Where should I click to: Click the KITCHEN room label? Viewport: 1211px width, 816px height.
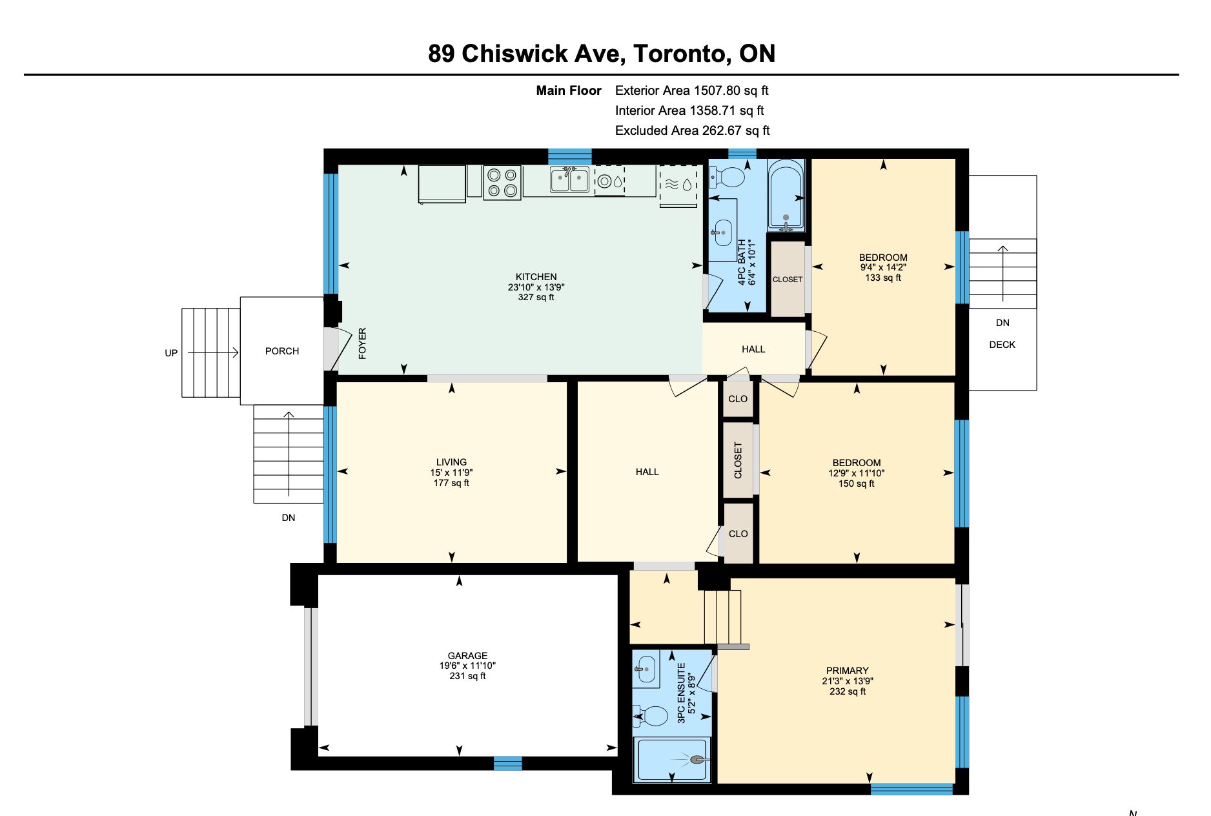[536, 277]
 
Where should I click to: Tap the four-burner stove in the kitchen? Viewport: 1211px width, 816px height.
[502, 183]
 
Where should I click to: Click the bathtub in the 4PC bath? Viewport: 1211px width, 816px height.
[786, 195]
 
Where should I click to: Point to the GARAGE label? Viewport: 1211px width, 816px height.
[467, 655]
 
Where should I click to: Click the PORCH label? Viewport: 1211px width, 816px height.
[282, 351]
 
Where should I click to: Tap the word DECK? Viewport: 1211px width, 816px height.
[1002, 345]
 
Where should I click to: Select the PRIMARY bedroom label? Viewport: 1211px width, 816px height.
[847, 671]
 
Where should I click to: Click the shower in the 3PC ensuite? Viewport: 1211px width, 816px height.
[672, 760]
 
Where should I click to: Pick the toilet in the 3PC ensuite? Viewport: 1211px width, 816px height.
[651, 716]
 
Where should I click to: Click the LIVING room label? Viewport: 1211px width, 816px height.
[451, 462]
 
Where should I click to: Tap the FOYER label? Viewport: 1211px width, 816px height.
[362, 343]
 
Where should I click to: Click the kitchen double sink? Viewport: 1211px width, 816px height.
[569, 180]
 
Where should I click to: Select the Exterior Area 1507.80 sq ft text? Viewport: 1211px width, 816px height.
[691, 90]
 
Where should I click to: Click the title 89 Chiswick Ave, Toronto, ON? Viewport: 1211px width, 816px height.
[602, 54]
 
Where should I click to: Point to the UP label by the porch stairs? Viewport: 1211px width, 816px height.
[171, 353]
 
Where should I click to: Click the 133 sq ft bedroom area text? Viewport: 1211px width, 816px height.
[883, 278]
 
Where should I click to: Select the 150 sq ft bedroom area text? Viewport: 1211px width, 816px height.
[856, 484]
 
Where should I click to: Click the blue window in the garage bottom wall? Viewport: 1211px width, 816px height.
[507, 763]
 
